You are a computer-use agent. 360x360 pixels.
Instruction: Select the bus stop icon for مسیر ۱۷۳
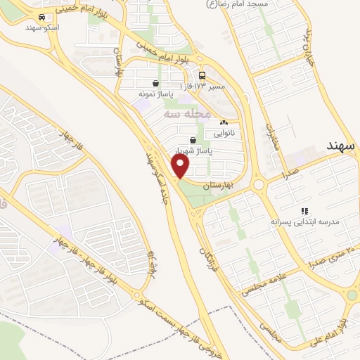202,75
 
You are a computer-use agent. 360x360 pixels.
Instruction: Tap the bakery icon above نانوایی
224,121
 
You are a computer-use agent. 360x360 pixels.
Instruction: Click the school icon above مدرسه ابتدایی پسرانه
304,210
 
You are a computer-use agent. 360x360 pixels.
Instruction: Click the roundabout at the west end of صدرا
259,185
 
